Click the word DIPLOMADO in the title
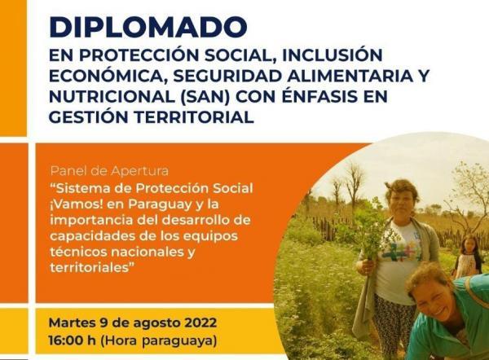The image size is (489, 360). [x=148, y=27]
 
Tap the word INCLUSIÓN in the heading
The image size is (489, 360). [x=333, y=55]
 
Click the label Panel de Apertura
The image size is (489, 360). [x=109, y=171]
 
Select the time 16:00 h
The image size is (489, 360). [x=72, y=340]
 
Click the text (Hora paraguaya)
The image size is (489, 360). [x=158, y=340]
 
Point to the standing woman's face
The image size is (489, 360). [x=401, y=201]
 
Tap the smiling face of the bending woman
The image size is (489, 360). [x=429, y=297]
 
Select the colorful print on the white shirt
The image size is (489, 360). [x=403, y=252]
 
